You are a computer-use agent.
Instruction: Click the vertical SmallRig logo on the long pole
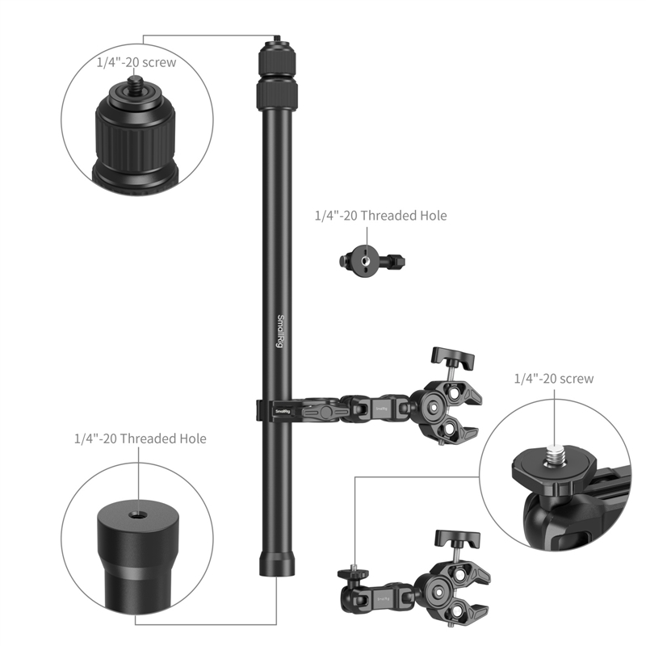pyautogui.click(x=280, y=331)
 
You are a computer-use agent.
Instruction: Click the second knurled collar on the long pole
pyautogui.click(x=275, y=96)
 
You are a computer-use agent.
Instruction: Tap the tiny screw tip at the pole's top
pyautogui.click(x=275, y=40)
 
